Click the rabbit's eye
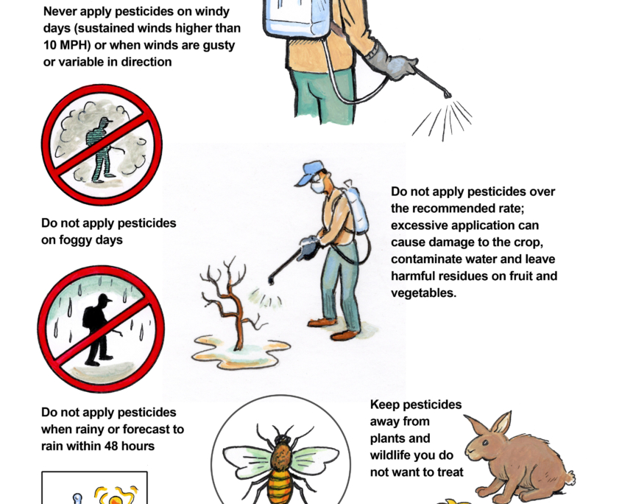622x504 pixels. click(x=485, y=442)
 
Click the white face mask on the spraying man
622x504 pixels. click(x=318, y=186)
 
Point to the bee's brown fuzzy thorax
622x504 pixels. click(x=282, y=457)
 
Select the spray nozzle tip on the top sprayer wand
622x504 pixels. click(x=448, y=95)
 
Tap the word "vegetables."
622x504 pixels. click(x=424, y=293)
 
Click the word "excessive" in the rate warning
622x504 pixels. click(x=419, y=225)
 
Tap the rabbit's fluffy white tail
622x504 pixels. click(x=570, y=477)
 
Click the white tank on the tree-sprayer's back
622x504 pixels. click(x=356, y=209)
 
